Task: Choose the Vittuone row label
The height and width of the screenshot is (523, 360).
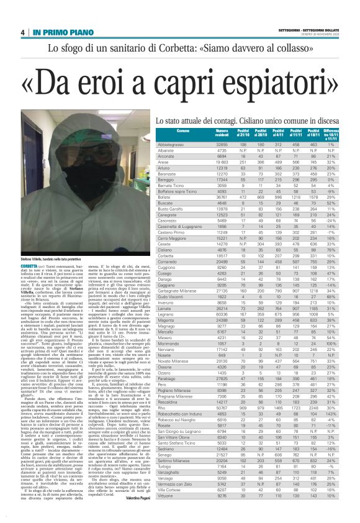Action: (149, 496)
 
